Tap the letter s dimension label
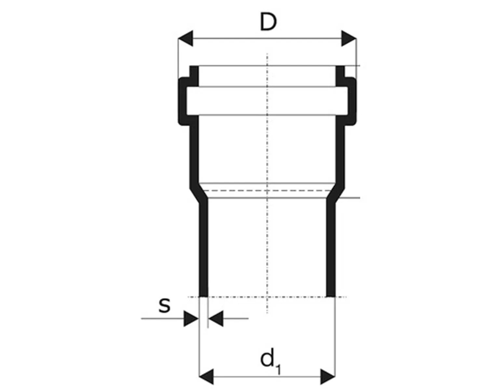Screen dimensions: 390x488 (164, 305)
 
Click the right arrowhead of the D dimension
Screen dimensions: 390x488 (349, 39)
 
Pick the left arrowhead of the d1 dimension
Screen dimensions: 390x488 (206, 377)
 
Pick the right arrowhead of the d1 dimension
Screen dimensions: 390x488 (327, 377)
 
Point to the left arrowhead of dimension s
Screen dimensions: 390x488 (191, 318)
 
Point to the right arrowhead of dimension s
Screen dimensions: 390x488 (216, 318)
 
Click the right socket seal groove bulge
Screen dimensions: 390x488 (352, 101)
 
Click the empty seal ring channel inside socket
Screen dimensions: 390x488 (267, 101)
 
